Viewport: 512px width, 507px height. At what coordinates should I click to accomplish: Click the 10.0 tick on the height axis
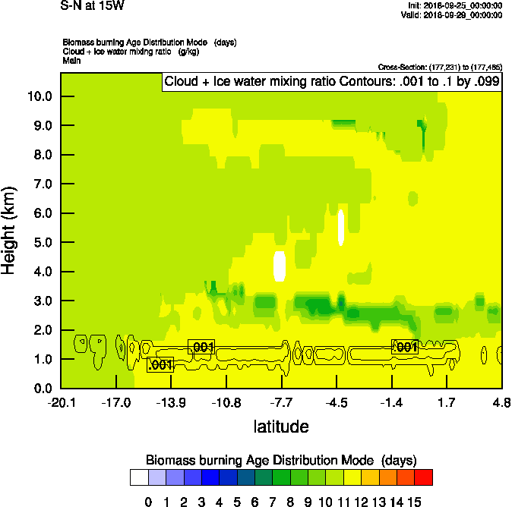[x=39, y=96]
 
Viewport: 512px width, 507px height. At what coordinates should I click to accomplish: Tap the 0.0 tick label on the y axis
[x=42, y=389]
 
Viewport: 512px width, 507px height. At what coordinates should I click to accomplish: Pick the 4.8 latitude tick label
[x=501, y=402]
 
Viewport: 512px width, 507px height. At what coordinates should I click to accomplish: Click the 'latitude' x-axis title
[x=281, y=427]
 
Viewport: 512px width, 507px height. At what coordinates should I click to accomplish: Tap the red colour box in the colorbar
[x=424, y=477]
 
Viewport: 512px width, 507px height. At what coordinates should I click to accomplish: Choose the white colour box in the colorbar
[x=138, y=477]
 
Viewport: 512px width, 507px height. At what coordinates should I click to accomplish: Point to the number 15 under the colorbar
[x=414, y=501]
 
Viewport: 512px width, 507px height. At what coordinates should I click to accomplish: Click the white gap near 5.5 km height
[x=341, y=227]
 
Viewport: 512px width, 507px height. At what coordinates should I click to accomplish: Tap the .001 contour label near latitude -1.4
[x=405, y=347]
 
